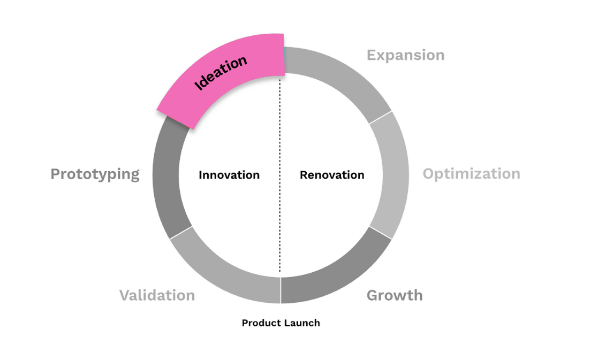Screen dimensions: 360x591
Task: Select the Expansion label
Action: pyautogui.click(x=405, y=55)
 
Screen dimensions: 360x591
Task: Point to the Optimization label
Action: pyautogui.click(x=471, y=174)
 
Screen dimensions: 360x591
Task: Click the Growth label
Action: pyautogui.click(x=395, y=295)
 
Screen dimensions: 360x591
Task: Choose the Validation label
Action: pyautogui.click(x=157, y=295)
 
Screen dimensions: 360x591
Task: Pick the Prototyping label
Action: pyautogui.click(x=95, y=174)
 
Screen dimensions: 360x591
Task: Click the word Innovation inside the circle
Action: pyautogui.click(x=229, y=175)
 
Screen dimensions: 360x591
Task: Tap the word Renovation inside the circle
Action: pyautogui.click(x=332, y=175)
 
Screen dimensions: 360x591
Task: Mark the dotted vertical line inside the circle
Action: pyautogui.click(x=280, y=214)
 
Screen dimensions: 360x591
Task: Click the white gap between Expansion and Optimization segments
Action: pyautogui.click(x=381, y=117)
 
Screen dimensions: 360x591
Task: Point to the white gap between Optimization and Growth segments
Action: pyautogui.click(x=381, y=233)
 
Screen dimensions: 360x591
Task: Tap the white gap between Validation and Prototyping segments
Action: pyautogui.click(x=180, y=232)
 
